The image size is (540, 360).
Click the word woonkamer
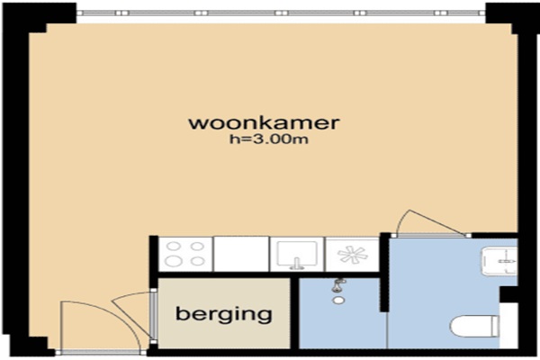[264, 123]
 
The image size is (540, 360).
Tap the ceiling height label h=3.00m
[269, 139]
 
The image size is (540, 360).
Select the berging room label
[224, 314]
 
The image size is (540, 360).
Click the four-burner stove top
[185, 254]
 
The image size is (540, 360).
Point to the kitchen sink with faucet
[297, 254]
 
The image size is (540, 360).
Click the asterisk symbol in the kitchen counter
[352, 255]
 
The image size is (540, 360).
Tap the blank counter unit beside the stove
[241, 254]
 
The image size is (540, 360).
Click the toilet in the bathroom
[474, 326]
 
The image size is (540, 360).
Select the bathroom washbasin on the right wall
[499, 261]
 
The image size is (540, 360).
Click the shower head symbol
[339, 285]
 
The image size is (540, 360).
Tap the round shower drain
[338, 301]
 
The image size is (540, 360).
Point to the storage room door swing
[132, 310]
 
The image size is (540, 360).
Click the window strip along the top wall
[281, 13]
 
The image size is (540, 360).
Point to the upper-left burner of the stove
[174, 246]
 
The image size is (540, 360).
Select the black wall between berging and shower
[294, 313]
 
